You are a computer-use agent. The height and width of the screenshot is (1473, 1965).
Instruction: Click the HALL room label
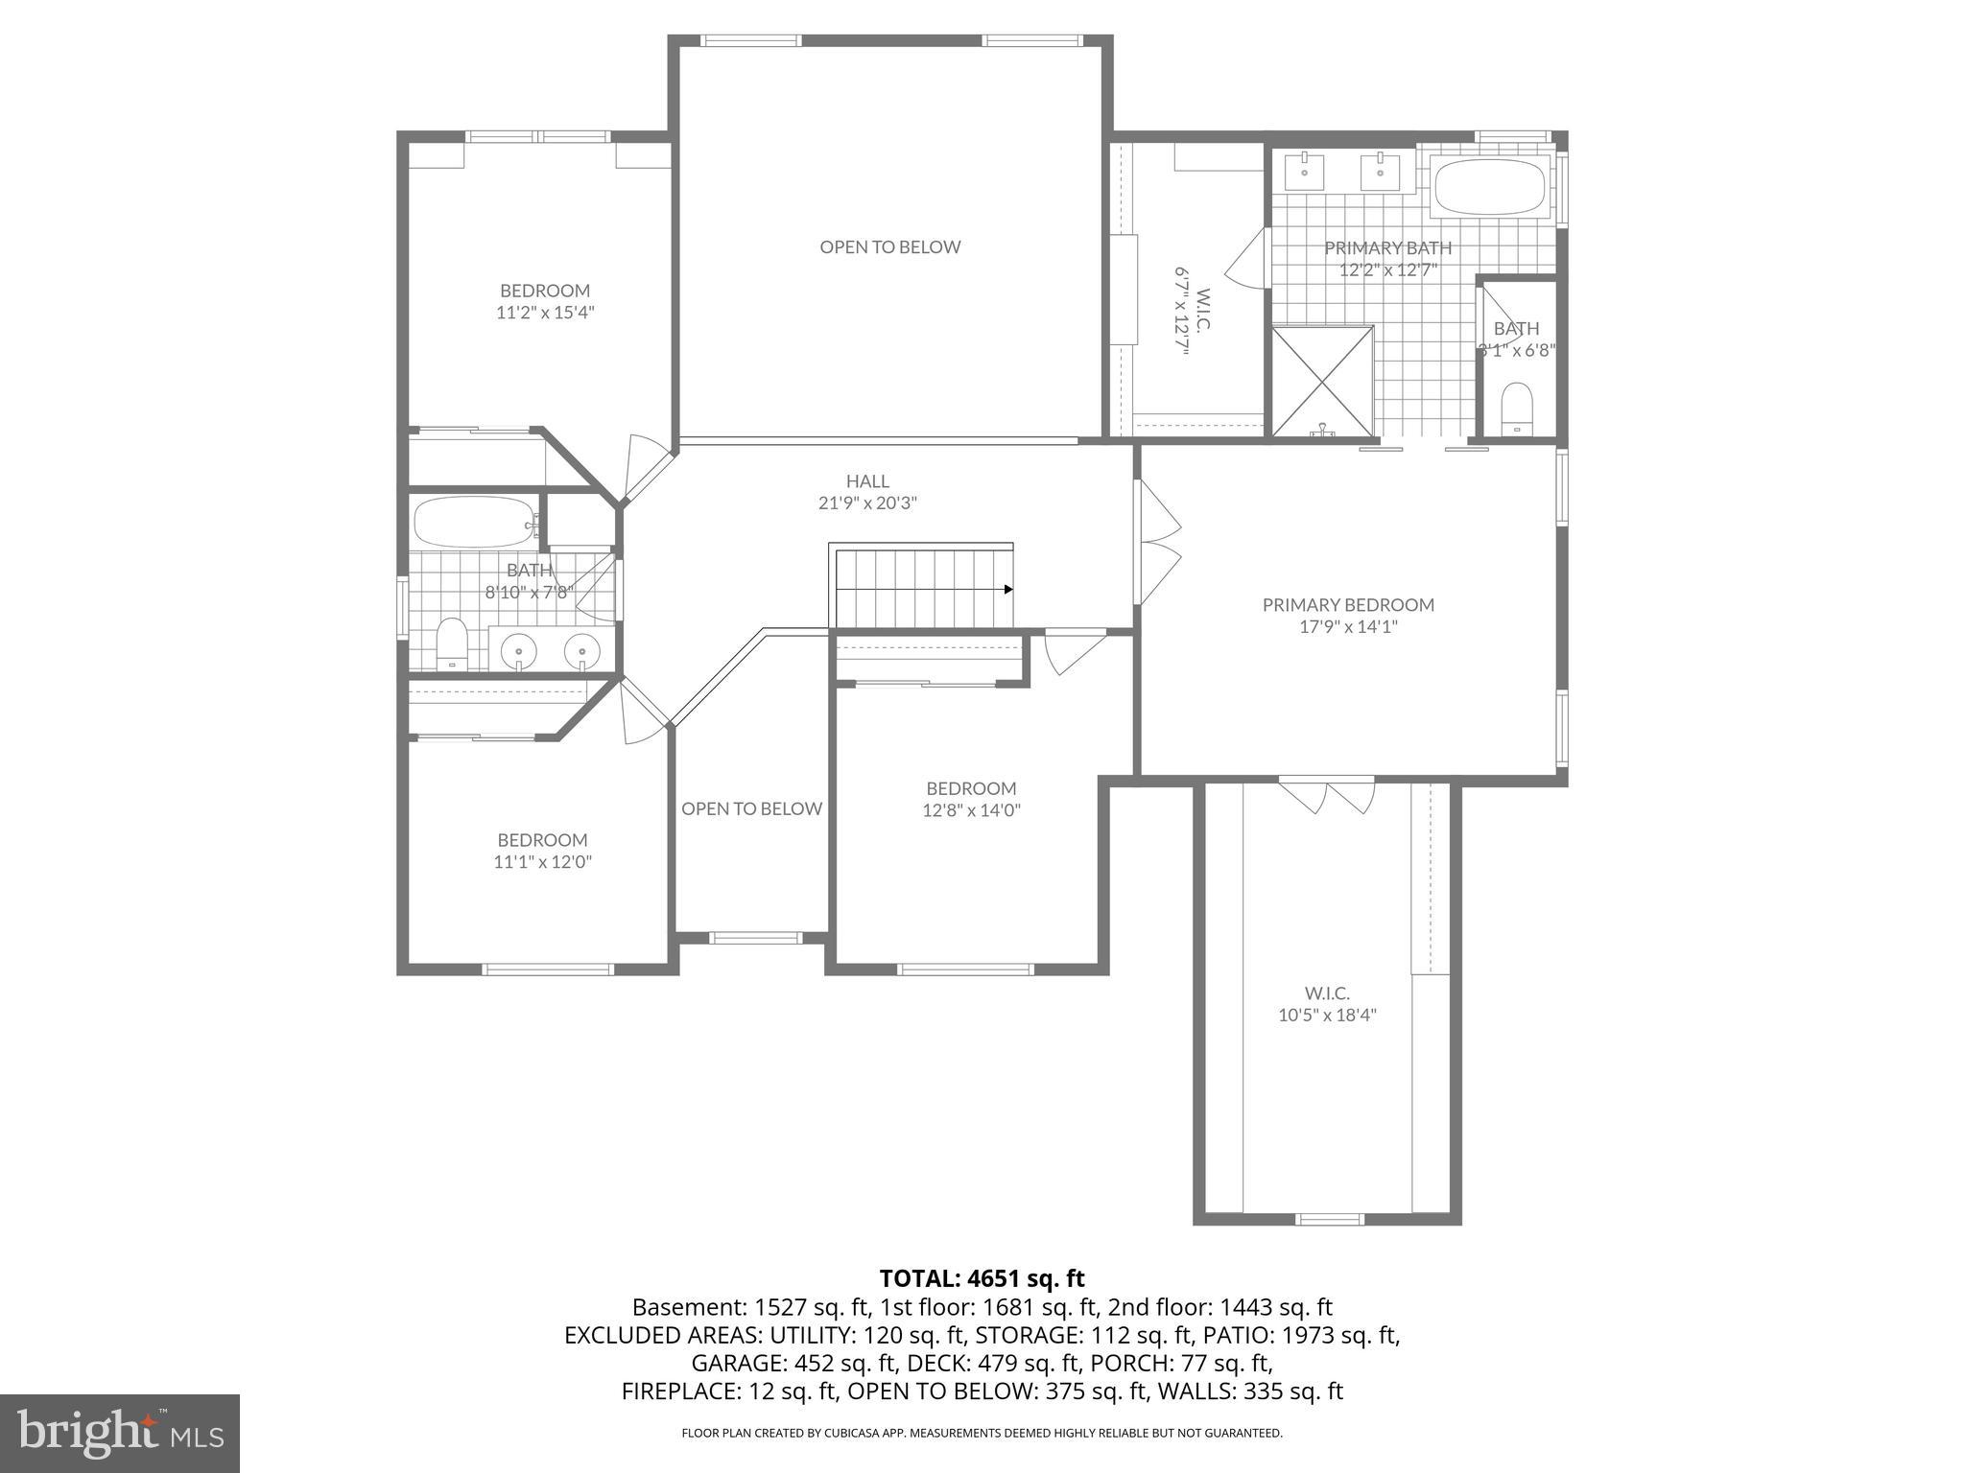[x=867, y=481]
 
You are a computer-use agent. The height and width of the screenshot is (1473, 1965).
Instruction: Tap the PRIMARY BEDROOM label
[x=1348, y=605]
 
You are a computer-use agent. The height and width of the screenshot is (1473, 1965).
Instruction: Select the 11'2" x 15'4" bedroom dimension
[x=545, y=312]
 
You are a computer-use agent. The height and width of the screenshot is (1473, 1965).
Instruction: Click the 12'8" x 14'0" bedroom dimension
[x=971, y=810]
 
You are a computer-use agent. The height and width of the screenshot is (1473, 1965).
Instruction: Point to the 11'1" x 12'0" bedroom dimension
[x=542, y=862]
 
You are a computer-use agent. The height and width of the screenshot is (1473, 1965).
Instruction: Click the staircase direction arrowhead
[x=1008, y=589]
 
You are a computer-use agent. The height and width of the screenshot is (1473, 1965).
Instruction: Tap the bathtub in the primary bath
[x=1488, y=185]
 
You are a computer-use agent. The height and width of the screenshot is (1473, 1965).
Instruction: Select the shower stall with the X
[x=1322, y=382]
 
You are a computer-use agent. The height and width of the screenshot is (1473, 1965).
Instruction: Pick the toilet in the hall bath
[x=451, y=642]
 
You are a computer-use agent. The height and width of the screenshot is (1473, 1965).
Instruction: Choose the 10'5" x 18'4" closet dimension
[x=1327, y=1016]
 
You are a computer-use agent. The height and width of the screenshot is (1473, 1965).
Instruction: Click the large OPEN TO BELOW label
[x=889, y=247]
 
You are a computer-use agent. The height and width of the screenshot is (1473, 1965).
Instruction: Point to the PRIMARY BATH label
[x=1387, y=248]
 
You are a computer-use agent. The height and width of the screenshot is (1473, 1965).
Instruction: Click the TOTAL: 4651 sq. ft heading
[x=982, y=1278]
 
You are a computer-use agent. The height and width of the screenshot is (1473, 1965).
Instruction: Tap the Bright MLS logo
[x=120, y=1433]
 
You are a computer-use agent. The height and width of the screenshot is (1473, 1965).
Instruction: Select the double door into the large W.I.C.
[x=1327, y=794]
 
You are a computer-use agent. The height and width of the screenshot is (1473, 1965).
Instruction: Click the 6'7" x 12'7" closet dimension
[x=1181, y=312]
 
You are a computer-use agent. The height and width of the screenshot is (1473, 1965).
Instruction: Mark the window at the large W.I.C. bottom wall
[x=1329, y=1219]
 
